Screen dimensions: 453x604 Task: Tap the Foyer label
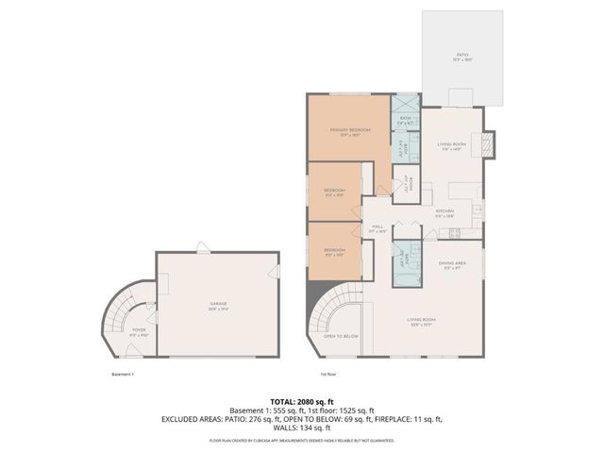click(140, 330)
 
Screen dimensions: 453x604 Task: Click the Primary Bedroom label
click(348, 131)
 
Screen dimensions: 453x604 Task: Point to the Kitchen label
click(445, 212)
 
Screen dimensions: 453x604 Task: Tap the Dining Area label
click(452, 265)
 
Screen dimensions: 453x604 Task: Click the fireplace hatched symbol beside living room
click(488, 143)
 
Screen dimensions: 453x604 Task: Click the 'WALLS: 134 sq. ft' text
click(301, 426)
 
